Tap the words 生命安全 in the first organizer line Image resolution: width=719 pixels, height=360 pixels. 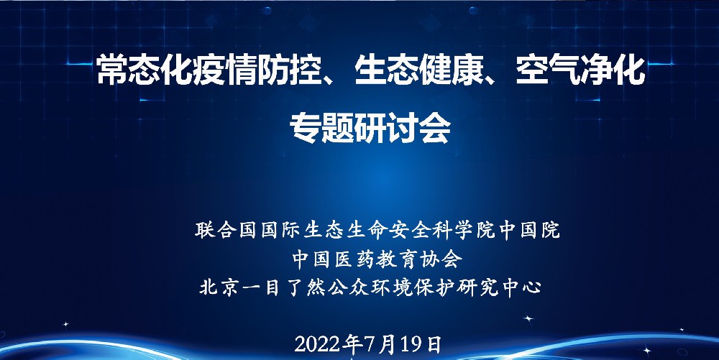tap(367, 230)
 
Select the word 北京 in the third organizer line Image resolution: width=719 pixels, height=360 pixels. tap(219, 288)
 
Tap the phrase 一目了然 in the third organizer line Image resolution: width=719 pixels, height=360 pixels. tap(283, 288)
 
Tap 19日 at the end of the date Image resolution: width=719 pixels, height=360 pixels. tap(421, 344)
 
